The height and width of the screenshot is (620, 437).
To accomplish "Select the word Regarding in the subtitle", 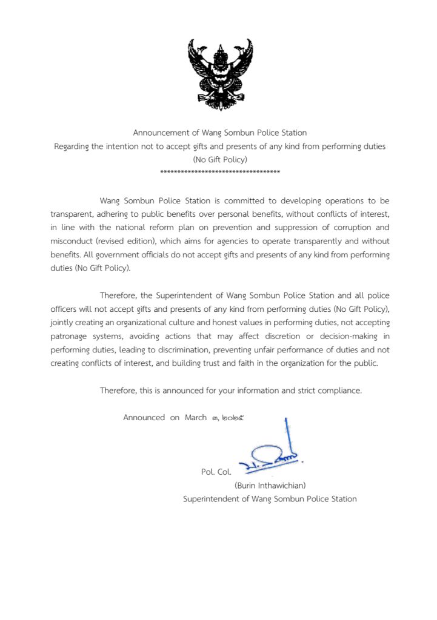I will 73,146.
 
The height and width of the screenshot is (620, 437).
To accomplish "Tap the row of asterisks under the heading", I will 219,173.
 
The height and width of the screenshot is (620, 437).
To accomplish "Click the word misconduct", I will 71,240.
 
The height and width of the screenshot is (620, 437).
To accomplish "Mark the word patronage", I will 70,337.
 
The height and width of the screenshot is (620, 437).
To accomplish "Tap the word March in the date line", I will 196,418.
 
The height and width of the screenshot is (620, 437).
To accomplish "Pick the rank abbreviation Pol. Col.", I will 216,472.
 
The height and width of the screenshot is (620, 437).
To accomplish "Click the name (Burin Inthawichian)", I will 270,485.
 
